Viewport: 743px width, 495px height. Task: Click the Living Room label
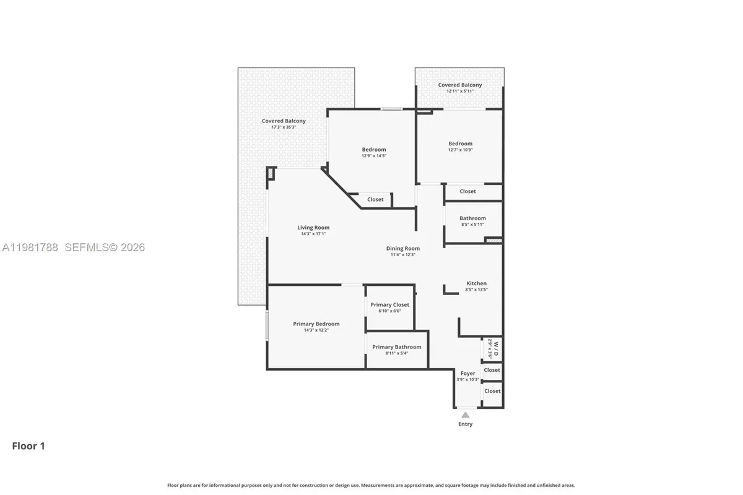pos(313,228)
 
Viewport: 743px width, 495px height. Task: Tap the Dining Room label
pos(403,249)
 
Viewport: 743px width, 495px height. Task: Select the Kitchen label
pos(476,283)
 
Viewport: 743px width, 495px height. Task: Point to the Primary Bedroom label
pos(316,324)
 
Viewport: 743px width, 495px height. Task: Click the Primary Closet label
pos(389,304)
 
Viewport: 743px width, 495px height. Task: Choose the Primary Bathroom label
pos(396,347)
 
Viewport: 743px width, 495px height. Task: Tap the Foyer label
pos(467,373)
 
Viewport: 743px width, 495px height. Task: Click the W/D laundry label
pos(495,348)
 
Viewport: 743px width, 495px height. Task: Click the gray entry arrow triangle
pos(465,415)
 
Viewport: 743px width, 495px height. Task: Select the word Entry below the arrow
pos(465,424)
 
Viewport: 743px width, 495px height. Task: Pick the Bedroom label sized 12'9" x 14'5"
pos(374,150)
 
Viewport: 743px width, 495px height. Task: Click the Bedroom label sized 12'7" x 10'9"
pos(460,144)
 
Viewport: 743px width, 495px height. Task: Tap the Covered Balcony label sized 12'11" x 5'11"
pos(460,85)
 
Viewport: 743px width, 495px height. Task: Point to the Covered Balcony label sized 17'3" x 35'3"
pos(284,121)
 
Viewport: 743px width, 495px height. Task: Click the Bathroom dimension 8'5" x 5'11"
pos(472,225)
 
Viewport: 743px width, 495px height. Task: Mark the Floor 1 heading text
pos(28,445)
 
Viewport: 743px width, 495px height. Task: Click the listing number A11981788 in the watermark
pos(30,247)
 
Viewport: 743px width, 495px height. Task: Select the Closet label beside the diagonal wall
pos(375,199)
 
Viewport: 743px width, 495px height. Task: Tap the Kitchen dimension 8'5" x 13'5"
pos(476,290)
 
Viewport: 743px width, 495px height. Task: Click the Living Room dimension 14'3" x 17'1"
pos(313,234)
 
